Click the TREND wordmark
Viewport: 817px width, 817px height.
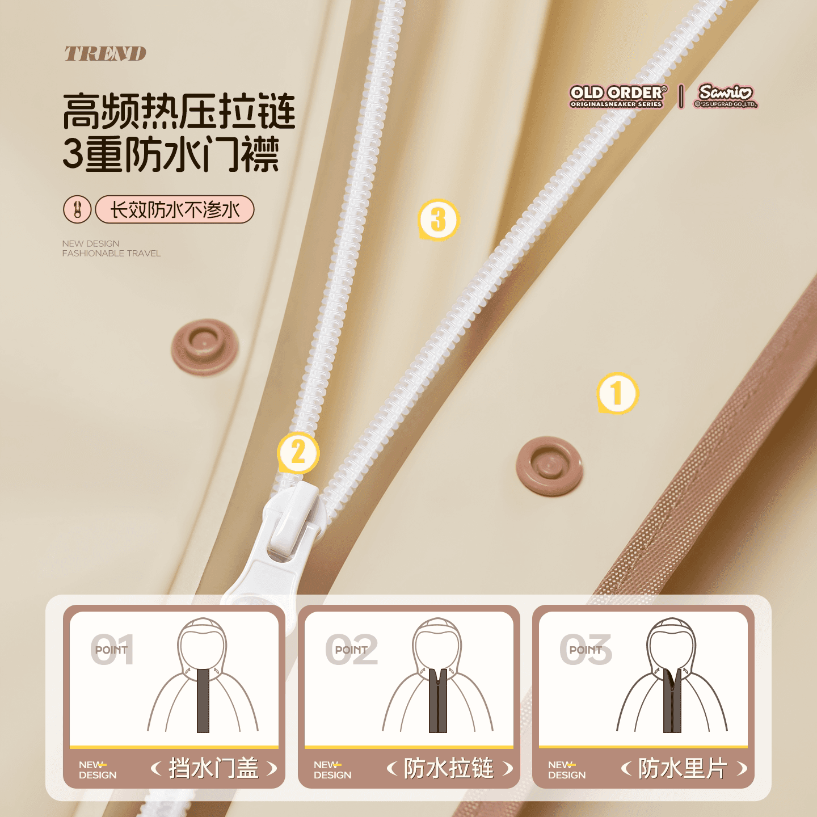[x=105, y=53]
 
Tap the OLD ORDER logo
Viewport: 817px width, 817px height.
[x=618, y=96]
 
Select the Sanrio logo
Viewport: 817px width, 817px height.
[x=726, y=96]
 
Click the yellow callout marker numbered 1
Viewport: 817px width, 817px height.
[x=617, y=393]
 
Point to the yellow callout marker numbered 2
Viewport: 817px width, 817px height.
[x=298, y=452]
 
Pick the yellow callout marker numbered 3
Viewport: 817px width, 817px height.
[x=439, y=220]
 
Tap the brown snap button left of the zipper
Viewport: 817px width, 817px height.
[x=205, y=347]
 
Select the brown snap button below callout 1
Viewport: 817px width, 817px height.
[x=549, y=466]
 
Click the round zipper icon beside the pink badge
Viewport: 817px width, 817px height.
[x=77, y=209]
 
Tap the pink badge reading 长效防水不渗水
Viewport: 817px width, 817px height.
[x=175, y=209]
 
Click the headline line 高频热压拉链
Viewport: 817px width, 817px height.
[x=179, y=111]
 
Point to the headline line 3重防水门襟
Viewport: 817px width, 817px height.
[x=171, y=154]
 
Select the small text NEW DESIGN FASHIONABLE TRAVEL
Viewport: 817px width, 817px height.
[x=111, y=249]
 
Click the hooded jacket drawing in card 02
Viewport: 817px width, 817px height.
[x=437, y=675]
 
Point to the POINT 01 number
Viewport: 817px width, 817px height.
[x=112, y=649]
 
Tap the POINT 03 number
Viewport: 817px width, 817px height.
[x=586, y=649]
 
